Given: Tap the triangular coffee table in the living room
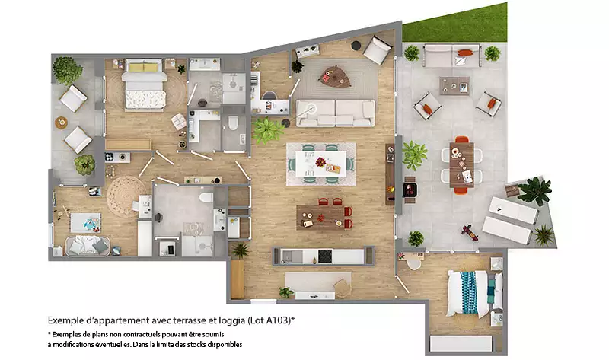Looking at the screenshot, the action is (335, 77).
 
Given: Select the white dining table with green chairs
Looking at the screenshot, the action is (320, 164).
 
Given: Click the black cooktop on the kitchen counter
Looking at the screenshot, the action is (325, 256).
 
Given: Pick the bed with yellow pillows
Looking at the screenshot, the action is (144, 84).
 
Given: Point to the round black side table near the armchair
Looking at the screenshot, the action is (356, 46).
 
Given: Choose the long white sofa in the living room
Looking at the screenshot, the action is (336, 113).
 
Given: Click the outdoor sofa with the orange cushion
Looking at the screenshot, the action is (452, 56).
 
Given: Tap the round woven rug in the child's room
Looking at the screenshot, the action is (123, 196).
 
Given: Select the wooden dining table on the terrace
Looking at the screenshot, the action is (462, 164).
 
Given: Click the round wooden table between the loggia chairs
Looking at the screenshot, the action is (61, 123).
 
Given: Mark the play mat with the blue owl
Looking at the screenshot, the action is (85, 223).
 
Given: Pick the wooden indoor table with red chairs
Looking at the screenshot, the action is (320, 217).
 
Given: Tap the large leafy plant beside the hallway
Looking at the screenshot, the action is (267, 130).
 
